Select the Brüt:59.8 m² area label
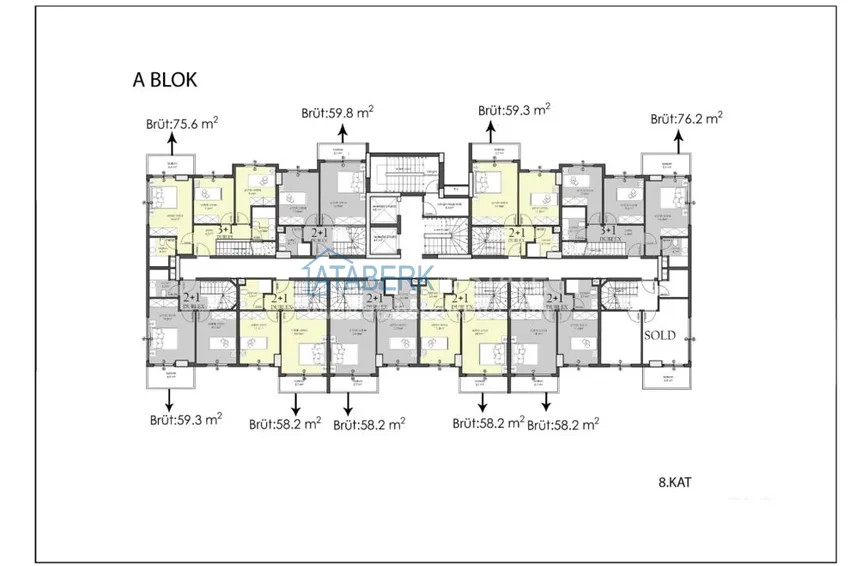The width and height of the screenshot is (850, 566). (337, 113)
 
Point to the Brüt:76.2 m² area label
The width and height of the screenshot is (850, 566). (687, 118)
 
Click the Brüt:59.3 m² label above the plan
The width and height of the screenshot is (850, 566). (515, 110)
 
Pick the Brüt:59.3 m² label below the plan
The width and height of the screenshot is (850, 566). (185, 420)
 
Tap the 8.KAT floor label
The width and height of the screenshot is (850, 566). (676, 482)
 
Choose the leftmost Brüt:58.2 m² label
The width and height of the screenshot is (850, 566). (285, 424)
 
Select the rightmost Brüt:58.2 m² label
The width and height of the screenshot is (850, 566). (563, 424)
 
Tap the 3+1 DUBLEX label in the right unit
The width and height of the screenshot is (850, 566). (610, 231)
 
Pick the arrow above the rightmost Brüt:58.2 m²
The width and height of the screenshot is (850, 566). (546, 402)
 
